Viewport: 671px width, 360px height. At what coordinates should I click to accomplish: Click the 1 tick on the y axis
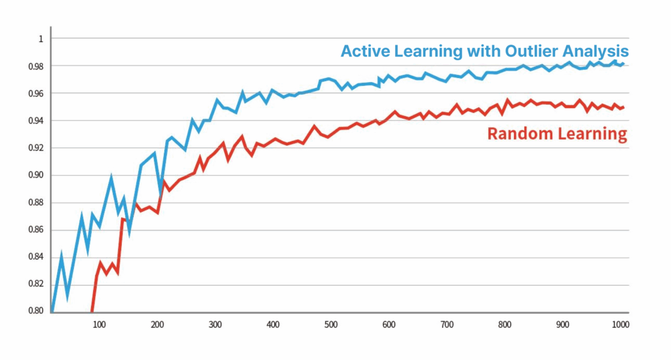[40, 39]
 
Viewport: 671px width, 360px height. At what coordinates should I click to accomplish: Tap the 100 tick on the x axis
[99, 324]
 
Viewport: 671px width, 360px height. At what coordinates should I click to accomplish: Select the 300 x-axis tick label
[215, 324]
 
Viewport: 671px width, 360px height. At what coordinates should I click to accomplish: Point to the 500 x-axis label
[331, 324]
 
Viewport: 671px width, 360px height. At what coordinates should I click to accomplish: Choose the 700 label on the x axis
[447, 324]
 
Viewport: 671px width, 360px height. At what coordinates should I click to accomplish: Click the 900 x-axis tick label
[563, 324]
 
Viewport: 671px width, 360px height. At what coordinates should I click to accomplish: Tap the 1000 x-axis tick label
[620, 324]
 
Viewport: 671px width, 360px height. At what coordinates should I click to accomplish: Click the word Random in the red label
[518, 134]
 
